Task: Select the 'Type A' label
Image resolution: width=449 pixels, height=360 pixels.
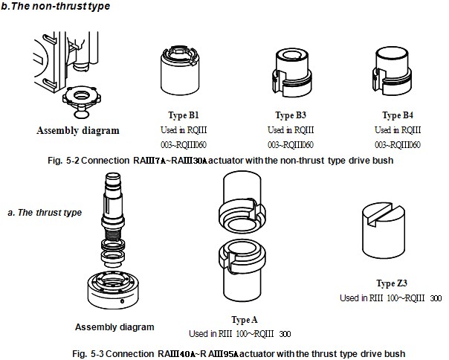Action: [x=242, y=320]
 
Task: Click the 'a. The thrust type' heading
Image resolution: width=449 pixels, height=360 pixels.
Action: [x=43, y=213]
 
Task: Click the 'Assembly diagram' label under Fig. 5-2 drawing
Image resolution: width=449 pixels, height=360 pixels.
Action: [x=77, y=131]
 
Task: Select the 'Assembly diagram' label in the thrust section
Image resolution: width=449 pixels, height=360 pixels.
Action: [x=114, y=327]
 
